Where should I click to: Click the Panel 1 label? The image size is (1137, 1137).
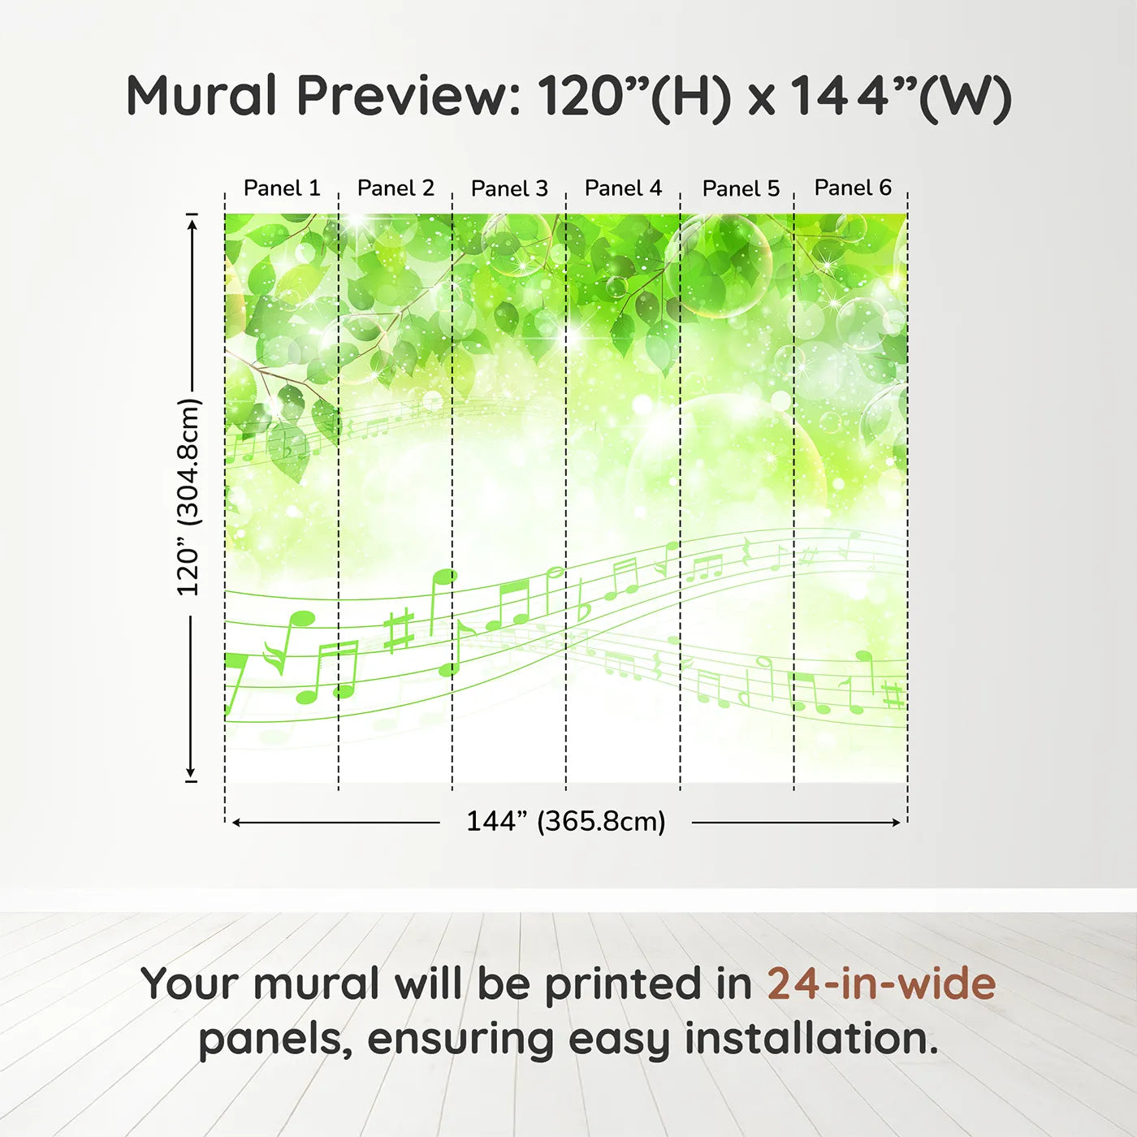coord(282,188)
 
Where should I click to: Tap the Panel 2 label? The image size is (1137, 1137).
coord(396,188)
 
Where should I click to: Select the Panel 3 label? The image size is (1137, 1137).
coord(510,188)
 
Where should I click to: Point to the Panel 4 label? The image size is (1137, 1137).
coord(624,188)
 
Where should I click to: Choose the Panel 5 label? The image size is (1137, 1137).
coord(741,188)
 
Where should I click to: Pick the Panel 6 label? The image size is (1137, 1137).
coord(854,188)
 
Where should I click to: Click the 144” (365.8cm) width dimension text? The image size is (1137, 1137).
coord(566,821)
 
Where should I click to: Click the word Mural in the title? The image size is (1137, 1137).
coord(201,96)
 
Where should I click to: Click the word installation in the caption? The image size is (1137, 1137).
coord(811,1038)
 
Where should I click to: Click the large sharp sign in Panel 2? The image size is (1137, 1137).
coord(400,631)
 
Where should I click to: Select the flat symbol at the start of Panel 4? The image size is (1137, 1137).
coord(582,601)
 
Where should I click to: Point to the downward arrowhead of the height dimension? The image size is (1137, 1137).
coord(191,772)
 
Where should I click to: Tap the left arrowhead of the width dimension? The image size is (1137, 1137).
coord(236,823)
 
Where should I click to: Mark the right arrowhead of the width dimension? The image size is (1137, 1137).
coord(894,823)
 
